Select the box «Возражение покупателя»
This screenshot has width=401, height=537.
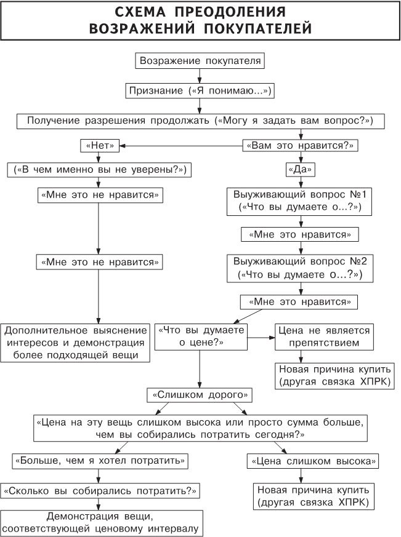201,62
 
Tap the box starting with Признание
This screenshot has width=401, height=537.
200,91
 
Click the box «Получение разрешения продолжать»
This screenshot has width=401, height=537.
200,120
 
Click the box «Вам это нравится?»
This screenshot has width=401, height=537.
301,146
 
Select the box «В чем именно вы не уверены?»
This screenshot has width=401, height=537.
99,169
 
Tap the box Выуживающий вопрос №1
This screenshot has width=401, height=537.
300,201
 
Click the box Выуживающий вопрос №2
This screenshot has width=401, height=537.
300,267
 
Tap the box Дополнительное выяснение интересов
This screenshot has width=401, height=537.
76,343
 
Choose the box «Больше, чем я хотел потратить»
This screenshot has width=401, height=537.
99,459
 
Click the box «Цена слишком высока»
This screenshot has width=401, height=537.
312,459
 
